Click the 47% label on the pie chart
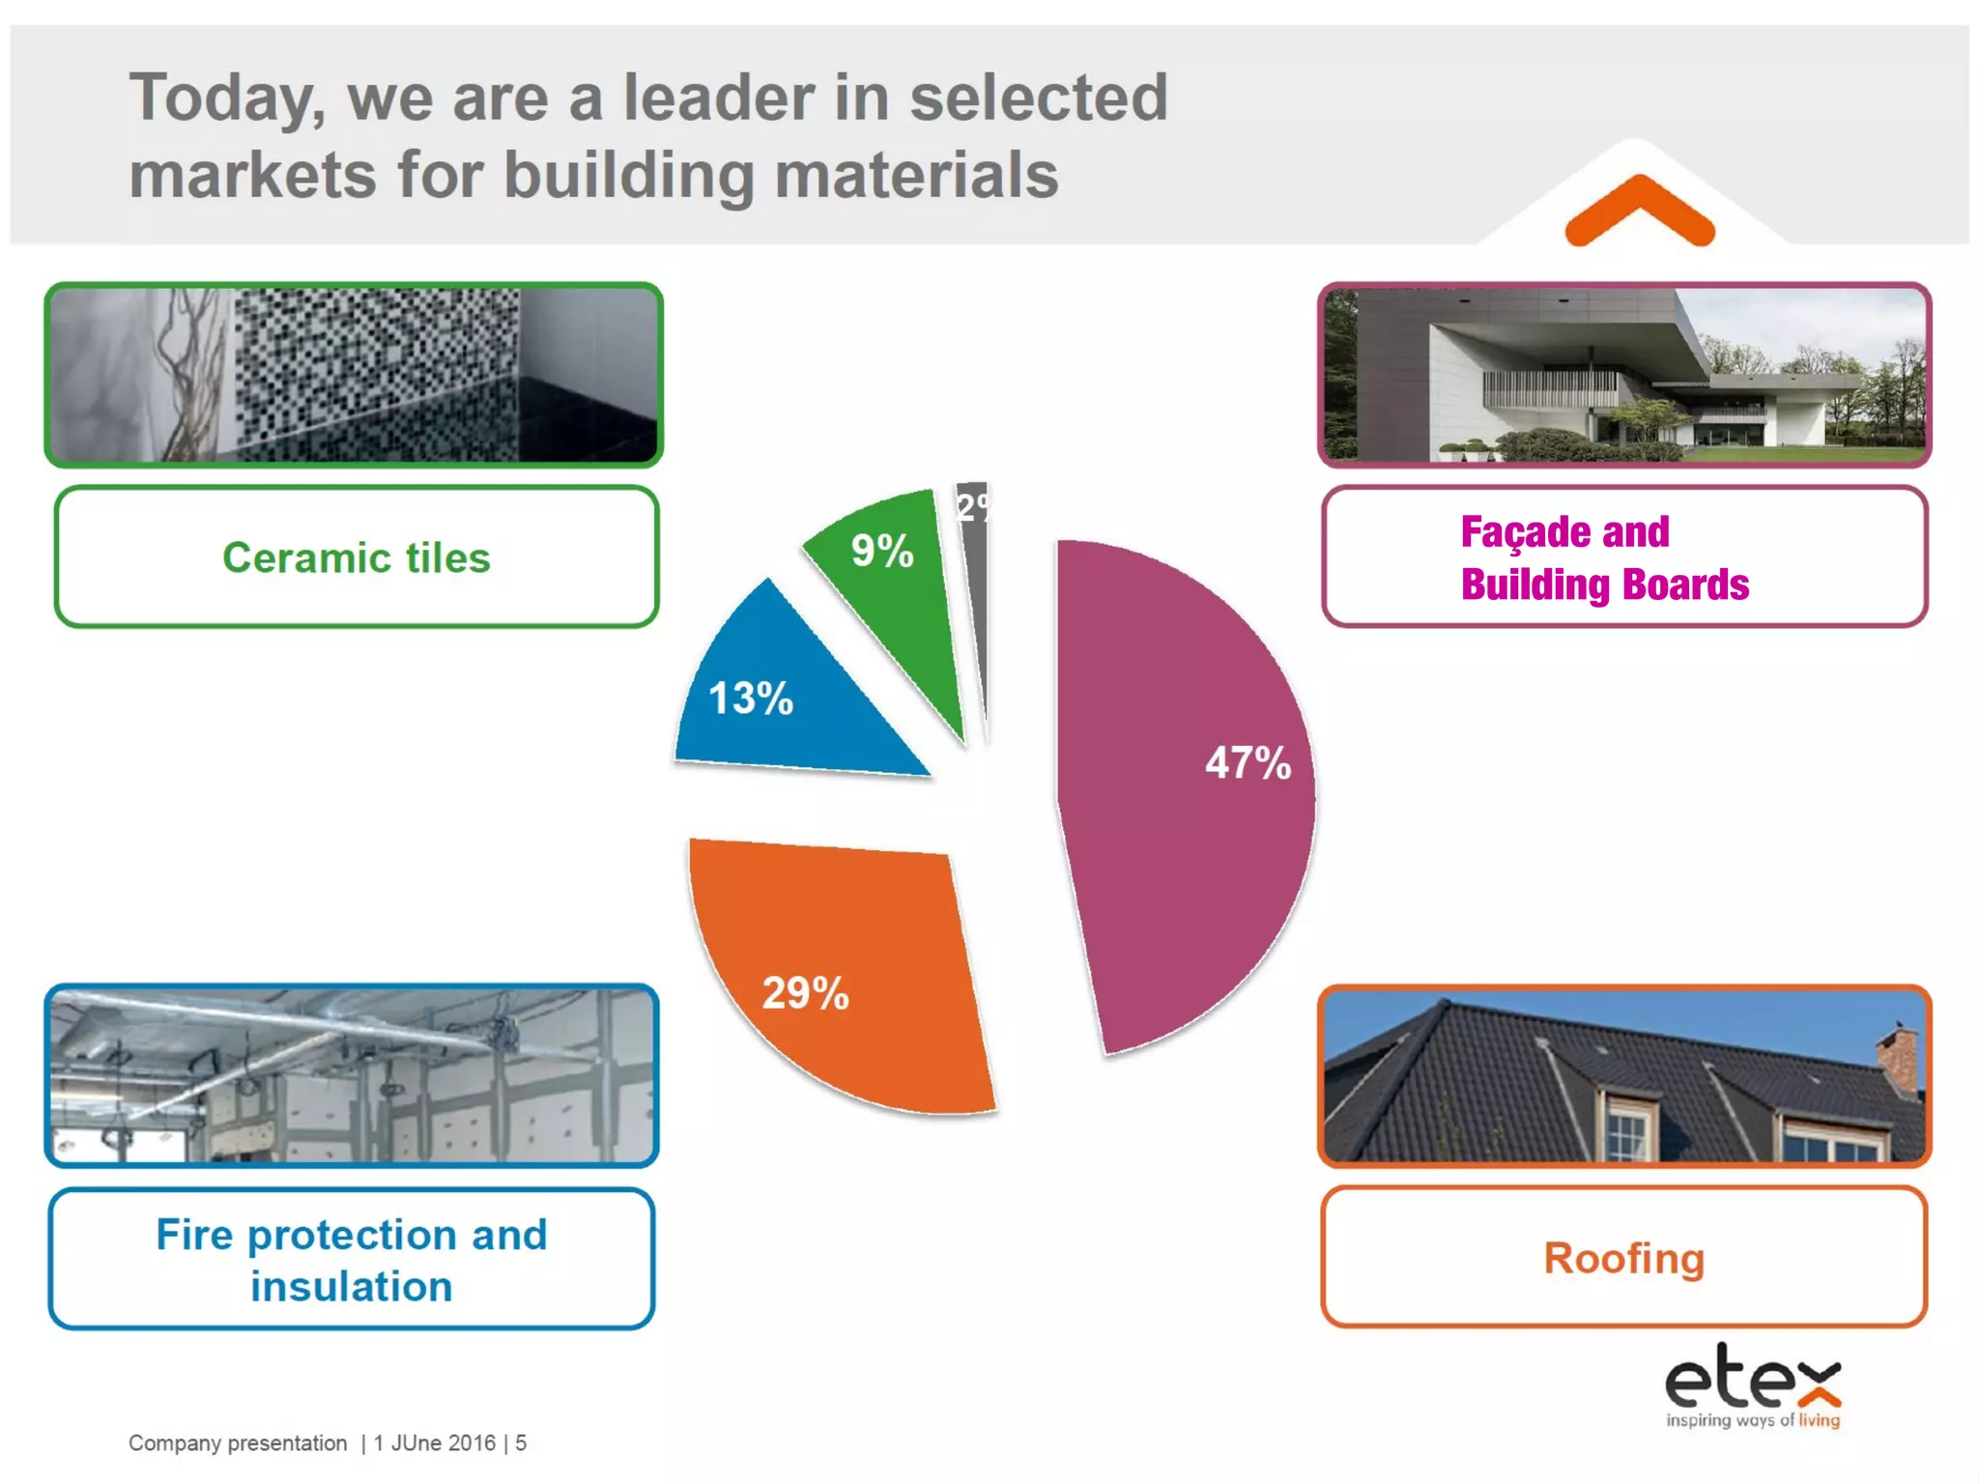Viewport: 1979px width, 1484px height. (x=1248, y=763)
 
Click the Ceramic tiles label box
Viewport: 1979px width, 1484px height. (x=357, y=557)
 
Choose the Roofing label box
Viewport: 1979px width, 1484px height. (x=1623, y=1258)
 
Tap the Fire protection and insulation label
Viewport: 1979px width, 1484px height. (x=352, y=1260)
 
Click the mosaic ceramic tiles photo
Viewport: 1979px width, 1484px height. (x=354, y=375)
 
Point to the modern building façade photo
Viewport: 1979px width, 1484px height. (x=1624, y=375)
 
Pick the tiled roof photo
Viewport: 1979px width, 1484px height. (x=1624, y=1076)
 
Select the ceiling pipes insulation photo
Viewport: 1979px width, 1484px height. (x=352, y=1076)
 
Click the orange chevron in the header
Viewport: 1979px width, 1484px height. (x=1640, y=211)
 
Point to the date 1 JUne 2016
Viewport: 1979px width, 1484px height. (x=434, y=1443)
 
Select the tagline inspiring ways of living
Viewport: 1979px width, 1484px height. (x=1753, y=1420)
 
